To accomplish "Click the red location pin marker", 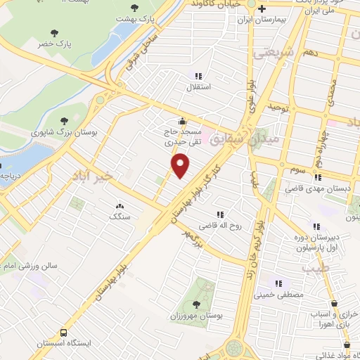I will (x=181, y=166).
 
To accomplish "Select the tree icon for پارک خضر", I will (x=55, y=33).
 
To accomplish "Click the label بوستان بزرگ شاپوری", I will (x=63, y=131).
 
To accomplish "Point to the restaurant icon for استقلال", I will (x=198, y=75).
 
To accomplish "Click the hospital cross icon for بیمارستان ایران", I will (x=262, y=10).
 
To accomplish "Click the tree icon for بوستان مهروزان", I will (x=193, y=304).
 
